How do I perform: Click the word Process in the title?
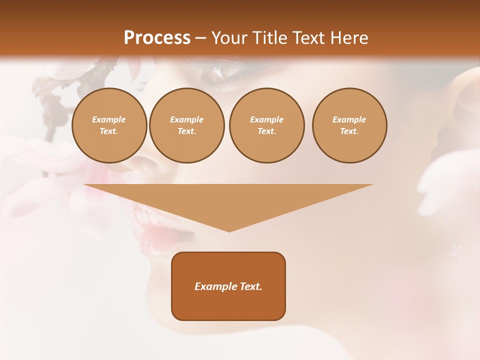(157, 38)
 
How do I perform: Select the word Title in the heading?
(270, 38)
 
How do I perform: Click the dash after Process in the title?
(200, 38)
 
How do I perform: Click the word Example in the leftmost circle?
(109, 119)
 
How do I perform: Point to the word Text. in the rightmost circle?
(349, 131)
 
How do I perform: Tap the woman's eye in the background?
(216, 73)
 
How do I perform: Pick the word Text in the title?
(309, 38)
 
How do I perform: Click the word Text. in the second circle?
(187, 131)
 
